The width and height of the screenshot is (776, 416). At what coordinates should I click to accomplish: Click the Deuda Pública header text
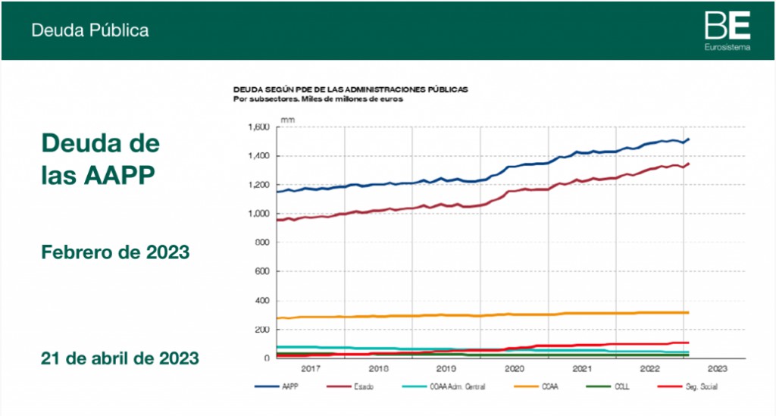coord(89,30)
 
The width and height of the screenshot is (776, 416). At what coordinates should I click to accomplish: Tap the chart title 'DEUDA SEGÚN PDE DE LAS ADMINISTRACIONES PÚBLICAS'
coord(350,89)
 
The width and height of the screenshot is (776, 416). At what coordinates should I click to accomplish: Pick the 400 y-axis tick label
coord(262,301)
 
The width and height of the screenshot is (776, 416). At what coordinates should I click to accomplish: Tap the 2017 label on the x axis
coord(311,368)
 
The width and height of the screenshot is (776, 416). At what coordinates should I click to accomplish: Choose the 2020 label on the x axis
coord(514,368)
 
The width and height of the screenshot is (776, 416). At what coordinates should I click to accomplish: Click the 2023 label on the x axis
coord(717,368)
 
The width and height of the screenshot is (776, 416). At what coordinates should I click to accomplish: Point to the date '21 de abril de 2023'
coord(120,356)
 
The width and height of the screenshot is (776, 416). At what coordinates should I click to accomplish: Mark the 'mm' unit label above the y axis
coord(287,120)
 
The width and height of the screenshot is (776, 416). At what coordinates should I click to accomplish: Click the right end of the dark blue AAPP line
coord(688,139)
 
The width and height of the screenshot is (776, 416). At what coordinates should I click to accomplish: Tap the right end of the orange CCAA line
coord(688,312)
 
